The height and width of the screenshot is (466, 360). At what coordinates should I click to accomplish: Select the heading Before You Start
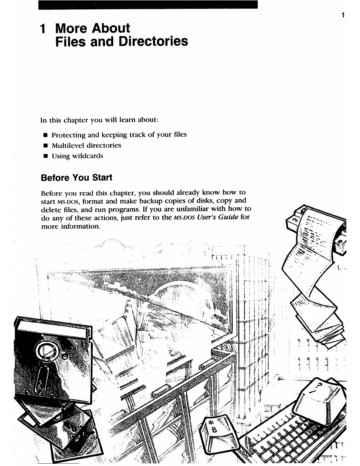coord(76,178)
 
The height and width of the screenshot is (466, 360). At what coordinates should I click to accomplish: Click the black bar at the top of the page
coord(148,4)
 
